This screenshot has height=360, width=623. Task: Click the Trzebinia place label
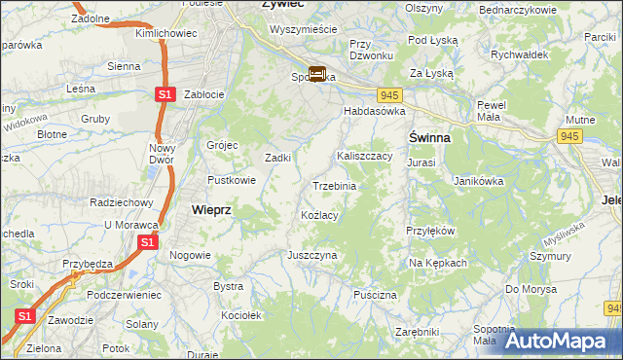334,186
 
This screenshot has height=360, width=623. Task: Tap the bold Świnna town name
428,137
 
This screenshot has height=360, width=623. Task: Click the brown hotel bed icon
317,73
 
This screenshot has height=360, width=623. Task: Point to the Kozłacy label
319,215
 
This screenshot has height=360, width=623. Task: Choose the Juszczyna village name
311,255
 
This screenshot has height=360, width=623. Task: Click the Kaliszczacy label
364,156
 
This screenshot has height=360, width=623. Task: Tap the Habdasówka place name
373,112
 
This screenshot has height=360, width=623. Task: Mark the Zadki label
279,158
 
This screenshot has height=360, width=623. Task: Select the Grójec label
222,145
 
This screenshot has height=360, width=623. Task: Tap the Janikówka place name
478,180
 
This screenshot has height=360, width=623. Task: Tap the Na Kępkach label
438,263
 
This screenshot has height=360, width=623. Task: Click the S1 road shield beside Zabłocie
165,94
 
